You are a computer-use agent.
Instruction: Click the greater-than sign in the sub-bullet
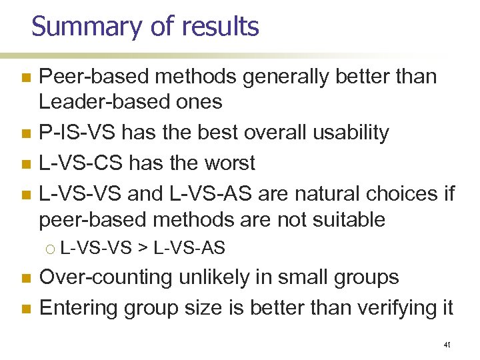pos(142,249)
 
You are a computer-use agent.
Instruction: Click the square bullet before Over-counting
pos(26,279)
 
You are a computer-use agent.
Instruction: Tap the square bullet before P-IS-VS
pos(26,133)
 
